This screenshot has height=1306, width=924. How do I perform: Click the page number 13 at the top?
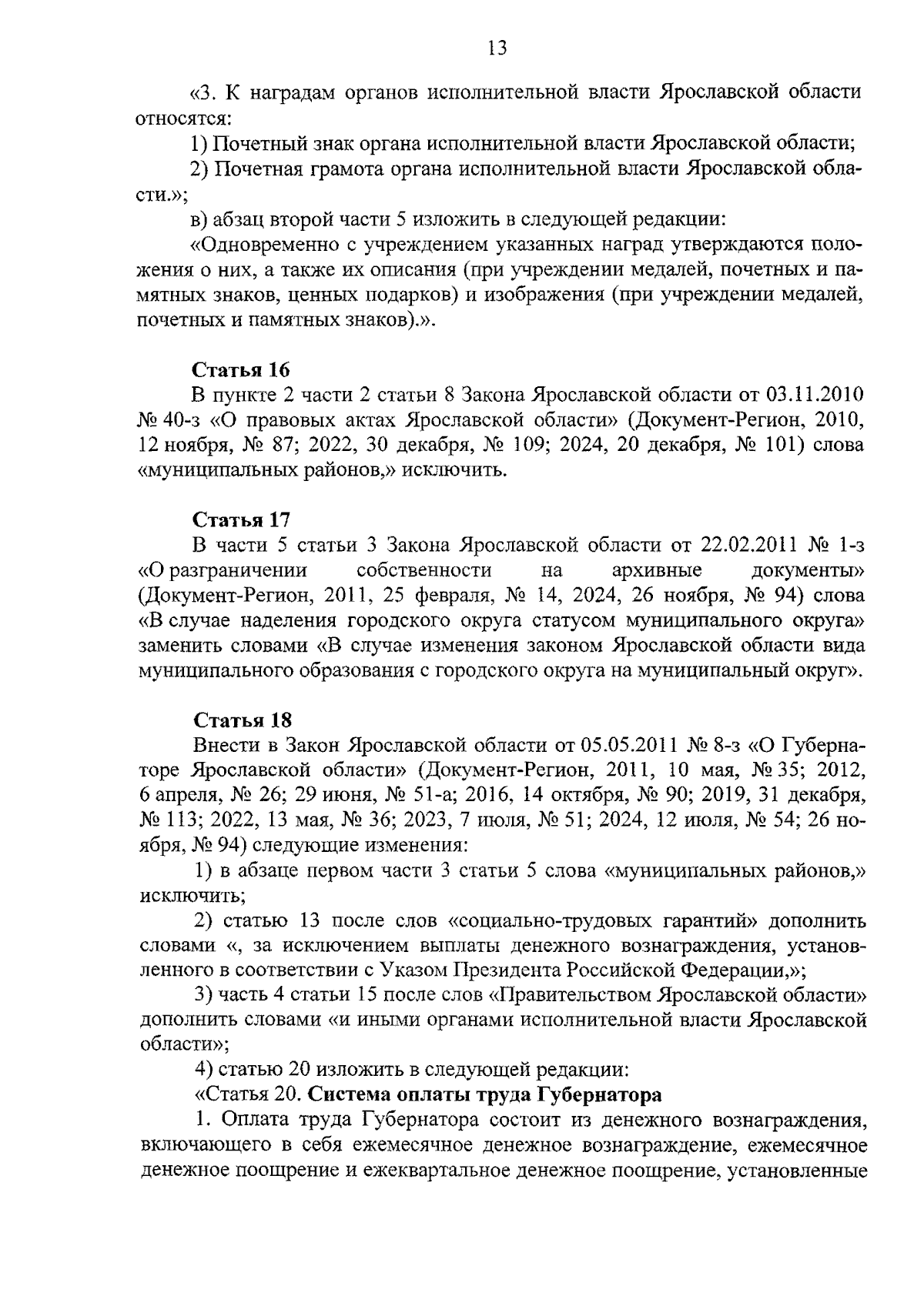click(497, 49)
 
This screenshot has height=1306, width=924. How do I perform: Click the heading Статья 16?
click(240, 369)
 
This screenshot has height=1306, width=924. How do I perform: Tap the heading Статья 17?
click(240, 520)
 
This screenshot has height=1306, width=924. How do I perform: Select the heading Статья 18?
click(242, 721)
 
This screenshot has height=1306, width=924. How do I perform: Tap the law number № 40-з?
click(167, 420)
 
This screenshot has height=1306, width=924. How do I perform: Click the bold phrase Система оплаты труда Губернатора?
click(485, 1094)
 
